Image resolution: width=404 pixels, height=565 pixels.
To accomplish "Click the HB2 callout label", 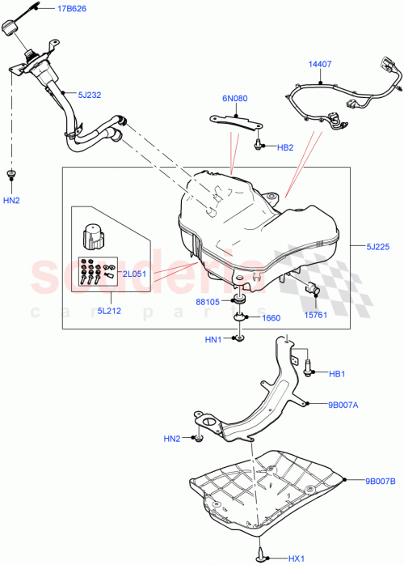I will coord(285,148).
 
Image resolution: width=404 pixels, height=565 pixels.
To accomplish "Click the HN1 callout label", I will coord(213,339).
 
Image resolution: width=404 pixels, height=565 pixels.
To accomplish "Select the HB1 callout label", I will coord(337,373).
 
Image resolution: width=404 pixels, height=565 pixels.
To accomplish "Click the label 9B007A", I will coord(345,406).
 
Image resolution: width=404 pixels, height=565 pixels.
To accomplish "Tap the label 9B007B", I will coord(380,482).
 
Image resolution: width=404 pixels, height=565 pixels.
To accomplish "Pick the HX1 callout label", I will coord(297,559).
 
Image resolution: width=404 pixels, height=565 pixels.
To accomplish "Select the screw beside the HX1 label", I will coord(263,554).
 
